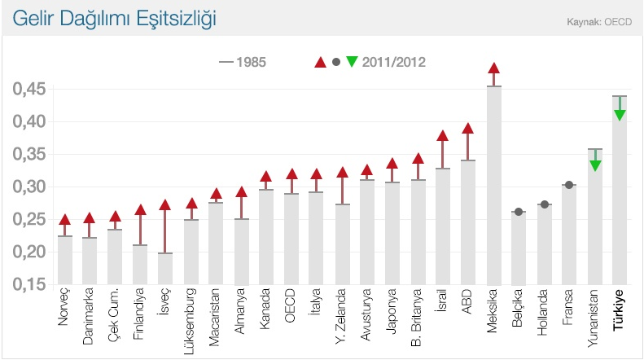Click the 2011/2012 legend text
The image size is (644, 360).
[x=394, y=61]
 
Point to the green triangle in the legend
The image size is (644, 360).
[x=352, y=61]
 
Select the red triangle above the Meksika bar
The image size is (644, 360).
[x=493, y=69]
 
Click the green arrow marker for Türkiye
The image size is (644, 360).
[x=620, y=115]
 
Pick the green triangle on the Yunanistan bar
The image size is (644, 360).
[x=595, y=165]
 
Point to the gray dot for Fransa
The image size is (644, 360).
[x=570, y=185]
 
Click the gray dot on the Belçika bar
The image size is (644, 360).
[x=519, y=212]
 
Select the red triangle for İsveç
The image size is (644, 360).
[x=165, y=205]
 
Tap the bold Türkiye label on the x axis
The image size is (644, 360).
[x=620, y=314]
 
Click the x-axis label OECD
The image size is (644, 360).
[x=291, y=307]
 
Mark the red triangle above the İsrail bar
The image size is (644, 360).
[x=443, y=136]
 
